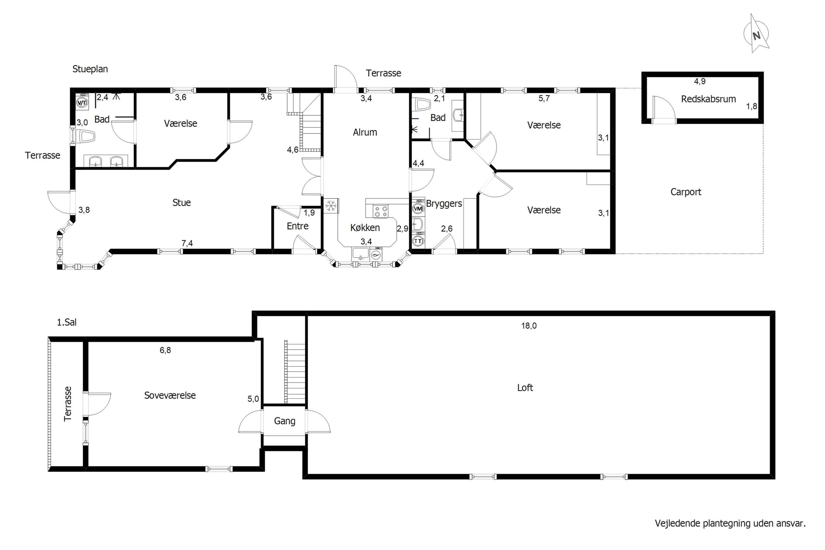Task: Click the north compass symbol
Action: (757, 34)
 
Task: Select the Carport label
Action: (686, 192)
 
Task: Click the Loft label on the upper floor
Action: (525, 387)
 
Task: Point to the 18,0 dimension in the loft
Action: (529, 326)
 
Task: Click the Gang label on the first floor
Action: (284, 421)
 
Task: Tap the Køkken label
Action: (365, 228)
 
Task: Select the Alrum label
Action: (365, 132)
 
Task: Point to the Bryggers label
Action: (444, 204)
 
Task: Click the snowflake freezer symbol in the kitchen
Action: (331, 206)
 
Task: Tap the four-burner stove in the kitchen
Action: (381, 211)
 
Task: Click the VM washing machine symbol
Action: (418, 209)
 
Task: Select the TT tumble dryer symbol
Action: (418, 241)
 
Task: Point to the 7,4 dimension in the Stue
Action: (187, 243)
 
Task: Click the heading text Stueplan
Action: (90, 69)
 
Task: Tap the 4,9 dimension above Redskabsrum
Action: (700, 81)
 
